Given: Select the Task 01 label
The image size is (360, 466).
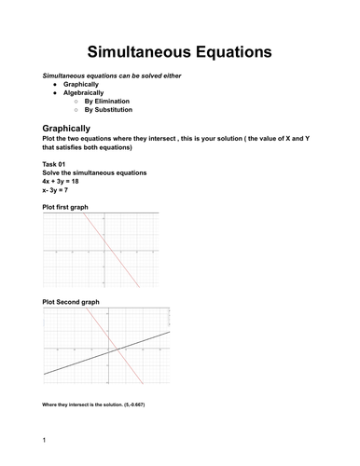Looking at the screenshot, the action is point(55,165).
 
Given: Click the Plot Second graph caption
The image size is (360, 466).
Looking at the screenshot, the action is point(73,302).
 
